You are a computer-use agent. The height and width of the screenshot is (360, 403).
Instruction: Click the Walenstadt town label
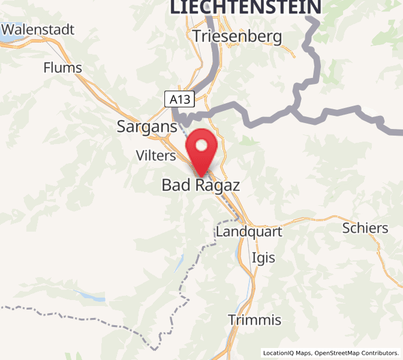coord(38,29)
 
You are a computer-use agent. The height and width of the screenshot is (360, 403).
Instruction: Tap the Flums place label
coord(62,68)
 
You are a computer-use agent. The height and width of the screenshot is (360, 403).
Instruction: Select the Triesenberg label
coord(237,37)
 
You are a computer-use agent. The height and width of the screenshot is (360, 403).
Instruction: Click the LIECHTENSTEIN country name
coord(245,7)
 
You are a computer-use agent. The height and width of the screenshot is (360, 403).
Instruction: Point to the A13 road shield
coord(181,99)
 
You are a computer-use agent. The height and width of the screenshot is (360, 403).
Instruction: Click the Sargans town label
coord(147,127)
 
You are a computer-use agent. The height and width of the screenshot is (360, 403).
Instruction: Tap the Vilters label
coord(155,156)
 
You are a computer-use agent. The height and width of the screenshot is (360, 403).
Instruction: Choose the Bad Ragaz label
coord(200,185)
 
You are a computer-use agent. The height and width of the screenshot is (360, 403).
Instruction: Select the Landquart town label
coord(248,231)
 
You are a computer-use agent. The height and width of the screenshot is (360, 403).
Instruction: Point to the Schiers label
coord(365,228)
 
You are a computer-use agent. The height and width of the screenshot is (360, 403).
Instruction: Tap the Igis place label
coord(264,257)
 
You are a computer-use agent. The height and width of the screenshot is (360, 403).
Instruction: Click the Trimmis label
coord(254,319)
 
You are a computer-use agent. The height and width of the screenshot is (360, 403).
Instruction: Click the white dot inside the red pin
coord(202,145)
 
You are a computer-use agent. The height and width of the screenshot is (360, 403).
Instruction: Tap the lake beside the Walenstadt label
coord(7,37)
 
